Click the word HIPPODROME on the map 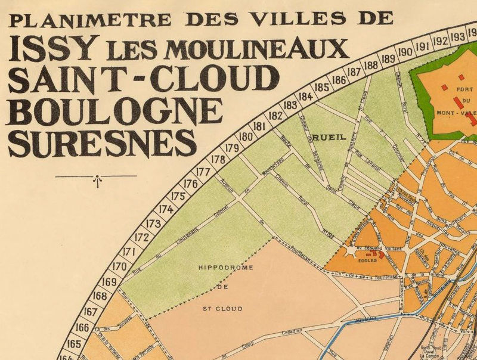[225, 268]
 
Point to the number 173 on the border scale [154, 224]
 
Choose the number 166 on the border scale [83, 327]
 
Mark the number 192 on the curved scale [441, 41]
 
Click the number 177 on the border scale [203, 172]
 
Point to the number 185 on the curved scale [321, 87]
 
